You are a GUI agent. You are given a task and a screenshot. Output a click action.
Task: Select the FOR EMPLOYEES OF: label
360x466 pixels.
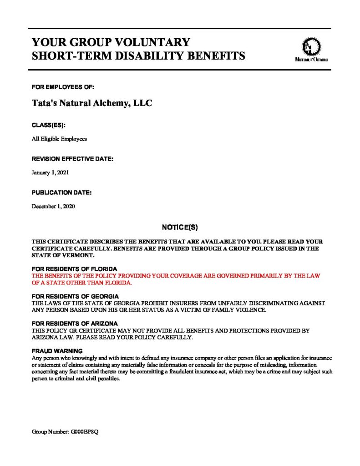tap(63, 86)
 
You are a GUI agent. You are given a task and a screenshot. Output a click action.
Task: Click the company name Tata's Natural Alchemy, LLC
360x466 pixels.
tap(91, 103)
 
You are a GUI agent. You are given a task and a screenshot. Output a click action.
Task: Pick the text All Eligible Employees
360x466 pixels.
tap(59, 138)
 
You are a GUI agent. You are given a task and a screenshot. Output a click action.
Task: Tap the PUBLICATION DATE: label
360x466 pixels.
tap(61, 192)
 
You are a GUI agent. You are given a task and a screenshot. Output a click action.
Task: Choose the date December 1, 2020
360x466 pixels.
tap(53, 206)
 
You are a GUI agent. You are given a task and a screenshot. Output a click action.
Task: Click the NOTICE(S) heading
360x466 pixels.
tap(180, 227)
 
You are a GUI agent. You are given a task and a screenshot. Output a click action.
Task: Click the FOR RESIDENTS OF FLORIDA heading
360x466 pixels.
tap(74, 269)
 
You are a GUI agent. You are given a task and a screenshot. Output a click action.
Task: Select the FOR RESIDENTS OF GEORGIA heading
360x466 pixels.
tap(75, 296)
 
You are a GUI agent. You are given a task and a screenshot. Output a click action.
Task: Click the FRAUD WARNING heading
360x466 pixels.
tap(56, 351)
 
